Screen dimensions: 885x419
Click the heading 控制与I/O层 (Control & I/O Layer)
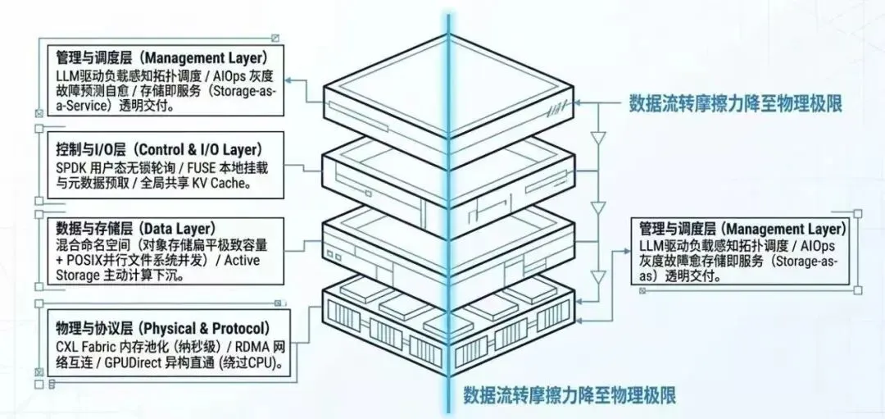[x=160, y=149]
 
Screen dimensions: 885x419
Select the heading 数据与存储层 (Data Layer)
[x=136, y=228]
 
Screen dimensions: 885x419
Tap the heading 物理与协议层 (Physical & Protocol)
[x=163, y=328]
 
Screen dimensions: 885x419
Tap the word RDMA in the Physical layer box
[x=255, y=345]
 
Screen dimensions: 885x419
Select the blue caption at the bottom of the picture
[x=570, y=395]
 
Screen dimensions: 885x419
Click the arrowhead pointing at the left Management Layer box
[x=288, y=80]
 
